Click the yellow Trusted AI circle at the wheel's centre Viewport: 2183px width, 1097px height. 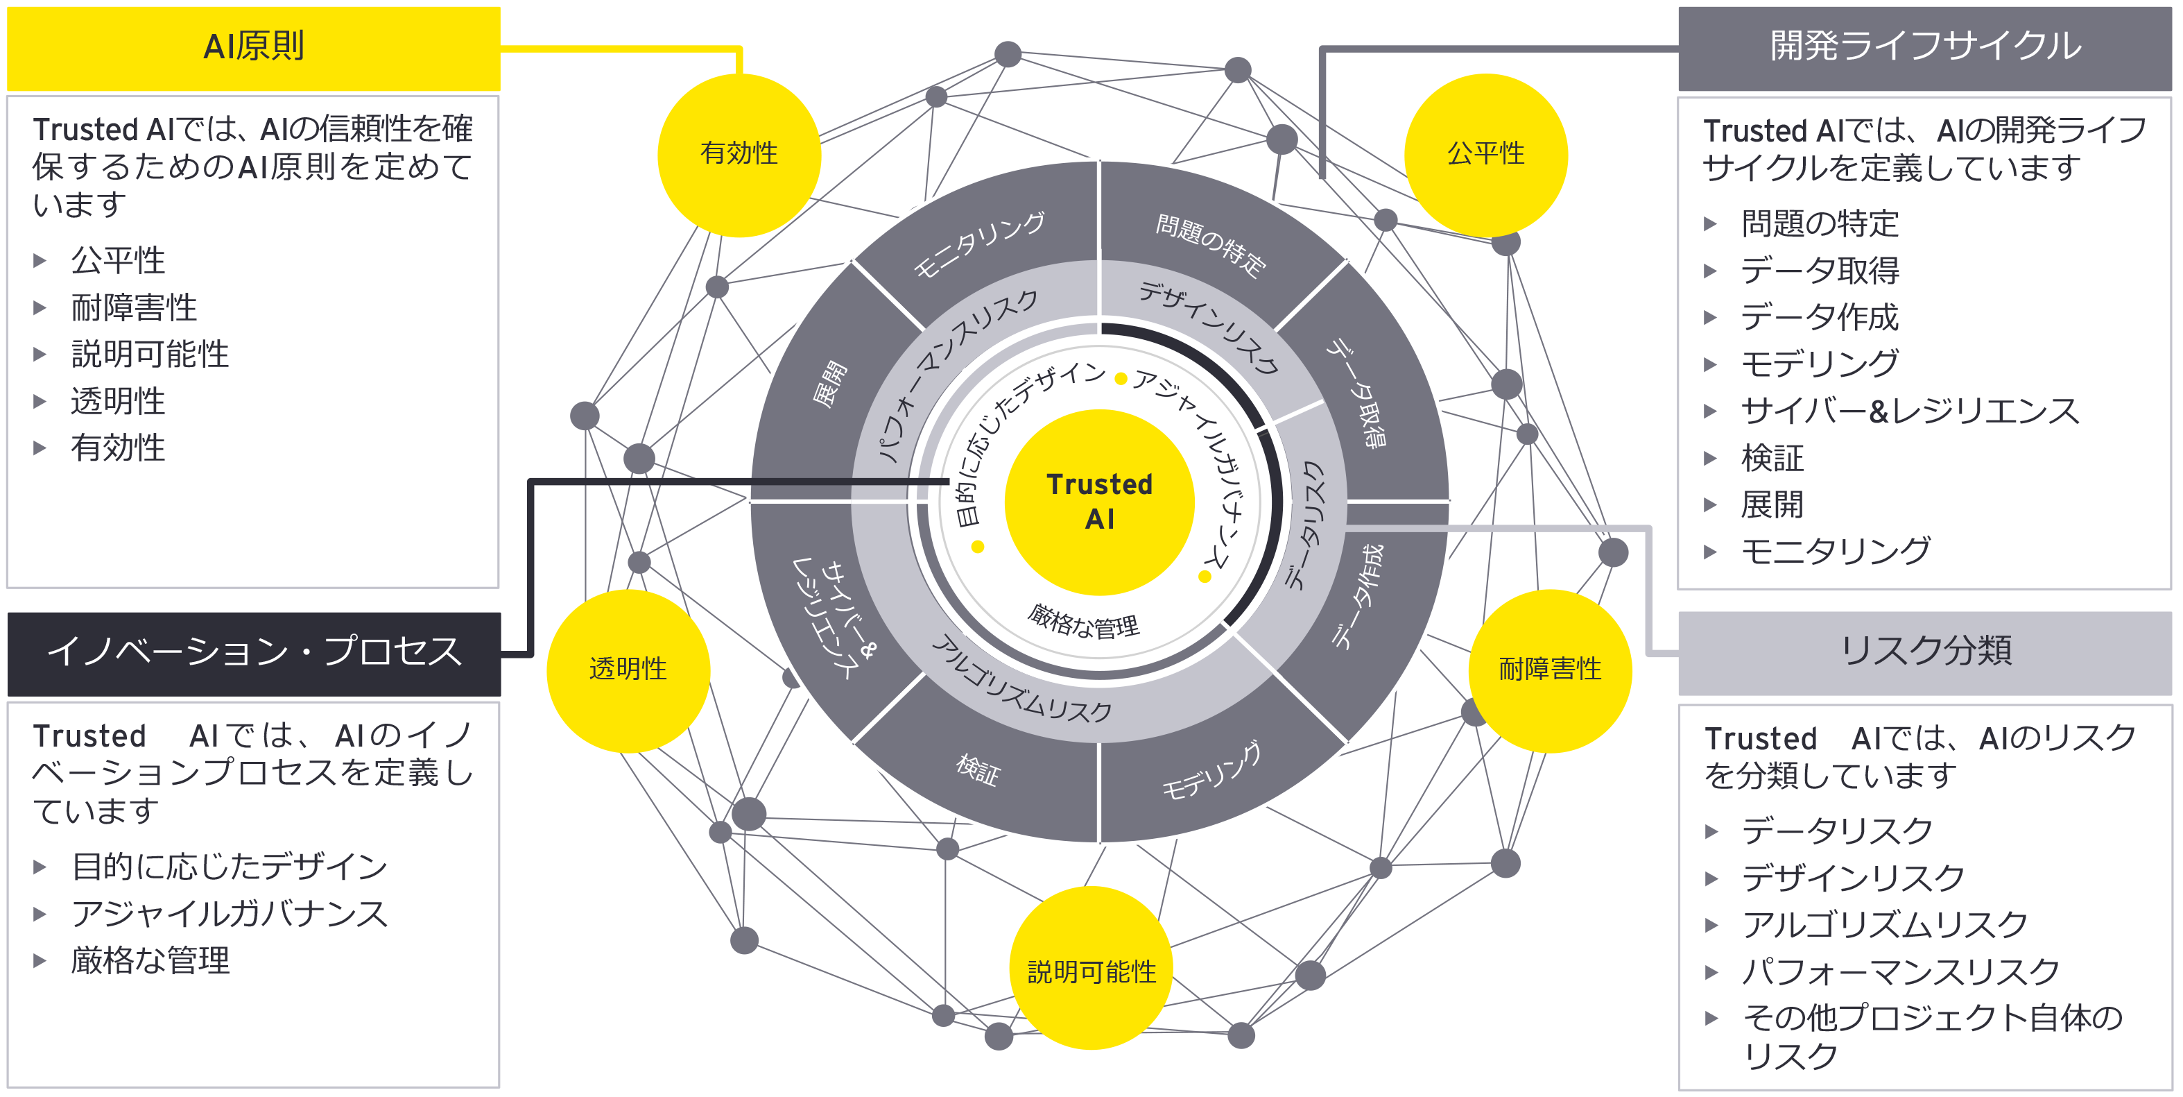click(1099, 502)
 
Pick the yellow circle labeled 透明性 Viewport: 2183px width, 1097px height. click(628, 670)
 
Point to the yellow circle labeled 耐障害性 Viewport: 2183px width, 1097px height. click(1549, 670)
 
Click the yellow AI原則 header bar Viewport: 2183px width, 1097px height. click(253, 47)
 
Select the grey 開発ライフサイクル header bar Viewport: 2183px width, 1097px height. click(1924, 47)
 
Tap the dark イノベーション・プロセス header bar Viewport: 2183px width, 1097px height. click(253, 653)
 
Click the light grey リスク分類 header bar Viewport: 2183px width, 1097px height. click(1924, 651)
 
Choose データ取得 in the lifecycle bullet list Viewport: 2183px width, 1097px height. click(1820, 271)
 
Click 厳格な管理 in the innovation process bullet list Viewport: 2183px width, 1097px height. click(150, 960)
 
